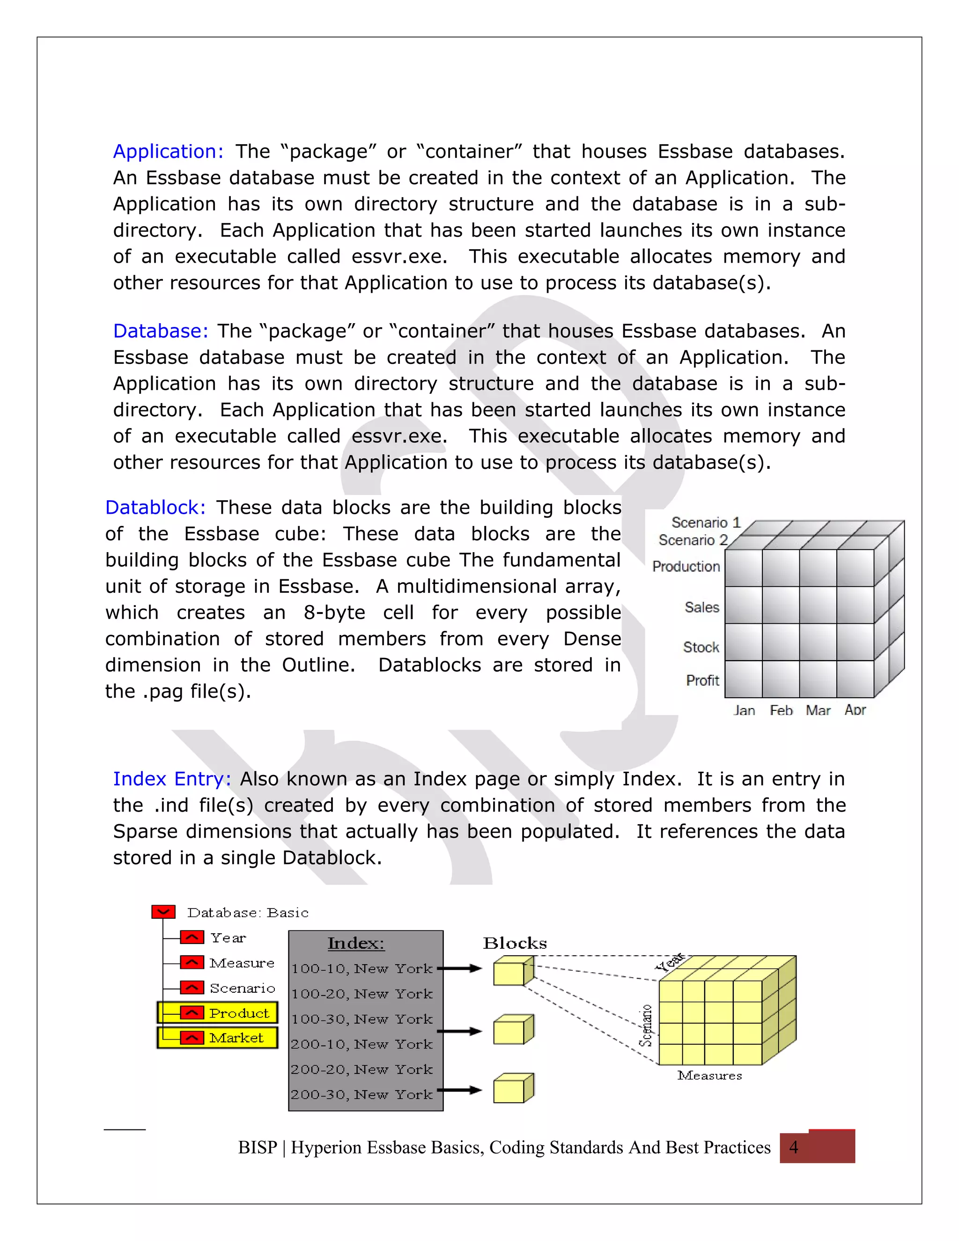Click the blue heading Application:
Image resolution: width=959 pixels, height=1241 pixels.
pyautogui.click(x=168, y=152)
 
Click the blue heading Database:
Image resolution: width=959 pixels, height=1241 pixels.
pyautogui.click(x=161, y=331)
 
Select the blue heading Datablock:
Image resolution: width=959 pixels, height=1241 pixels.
pyautogui.click(x=155, y=508)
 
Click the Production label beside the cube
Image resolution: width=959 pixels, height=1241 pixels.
pyautogui.click(x=686, y=567)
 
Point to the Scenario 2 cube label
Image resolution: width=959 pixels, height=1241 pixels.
pyautogui.click(x=693, y=540)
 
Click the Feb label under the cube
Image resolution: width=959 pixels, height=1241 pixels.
pyautogui.click(x=781, y=710)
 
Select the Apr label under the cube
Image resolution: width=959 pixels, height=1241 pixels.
pyautogui.click(x=855, y=709)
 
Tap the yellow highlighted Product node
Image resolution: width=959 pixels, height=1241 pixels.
pyautogui.click(x=218, y=1012)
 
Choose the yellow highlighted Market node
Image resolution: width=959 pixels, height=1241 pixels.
pyautogui.click(x=218, y=1038)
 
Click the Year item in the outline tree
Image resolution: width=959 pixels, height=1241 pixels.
pyautogui.click(x=228, y=938)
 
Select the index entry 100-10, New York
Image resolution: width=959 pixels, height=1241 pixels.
pyautogui.click(x=362, y=969)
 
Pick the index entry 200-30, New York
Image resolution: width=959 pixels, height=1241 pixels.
pyautogui.click(x=362, y=1094)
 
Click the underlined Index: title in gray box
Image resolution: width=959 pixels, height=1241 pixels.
pyautogui.click(x=356, y=943)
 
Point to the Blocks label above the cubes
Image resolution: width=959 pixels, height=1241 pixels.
pyautogui.click(x=515, y=943)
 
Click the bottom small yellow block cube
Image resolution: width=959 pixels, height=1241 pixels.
pyautogui.click(x=512, y=1088)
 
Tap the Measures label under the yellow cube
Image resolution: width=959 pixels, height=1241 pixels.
pyautogui.click(x=709, y=1075)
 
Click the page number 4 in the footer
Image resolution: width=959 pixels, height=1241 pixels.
pyautogui.click(x=794, y=1147)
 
